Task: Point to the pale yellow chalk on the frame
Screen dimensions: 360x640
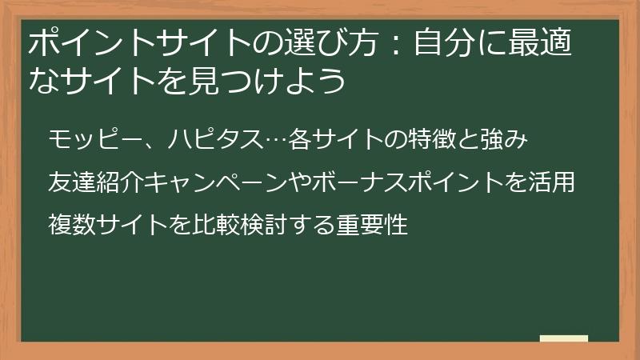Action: (x=563, y=338)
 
